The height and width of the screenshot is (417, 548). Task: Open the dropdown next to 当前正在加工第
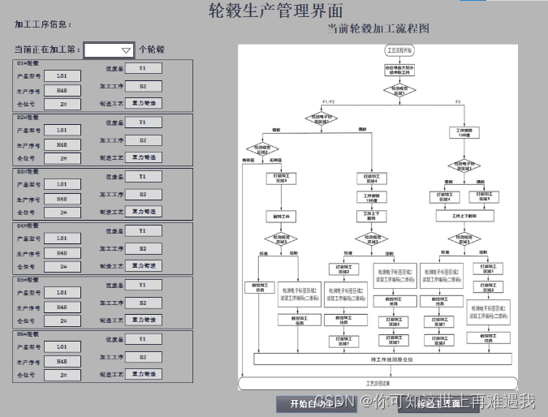pos(109,50)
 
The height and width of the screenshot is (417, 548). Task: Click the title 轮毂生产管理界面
pos(275,10)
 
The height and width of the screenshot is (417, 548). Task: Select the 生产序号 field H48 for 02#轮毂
pos(63,144)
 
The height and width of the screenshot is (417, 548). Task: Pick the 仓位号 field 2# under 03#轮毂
pos(63,213)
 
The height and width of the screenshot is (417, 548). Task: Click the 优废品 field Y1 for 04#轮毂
pos(143,231)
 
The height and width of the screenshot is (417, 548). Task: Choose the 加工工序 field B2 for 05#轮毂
pos(143,303)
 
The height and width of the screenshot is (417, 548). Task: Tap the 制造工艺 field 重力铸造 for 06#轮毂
pos(143,374)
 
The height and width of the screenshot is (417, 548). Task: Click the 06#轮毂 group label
pos(28,334)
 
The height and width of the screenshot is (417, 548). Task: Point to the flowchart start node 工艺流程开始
pos(399,50)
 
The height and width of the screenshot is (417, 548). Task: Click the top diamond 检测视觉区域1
pos(399,91)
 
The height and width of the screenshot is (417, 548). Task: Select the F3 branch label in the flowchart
pos(458,101)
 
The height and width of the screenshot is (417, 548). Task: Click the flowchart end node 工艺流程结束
pos(378,382)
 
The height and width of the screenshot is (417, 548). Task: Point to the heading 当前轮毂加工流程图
pos(378,28)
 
